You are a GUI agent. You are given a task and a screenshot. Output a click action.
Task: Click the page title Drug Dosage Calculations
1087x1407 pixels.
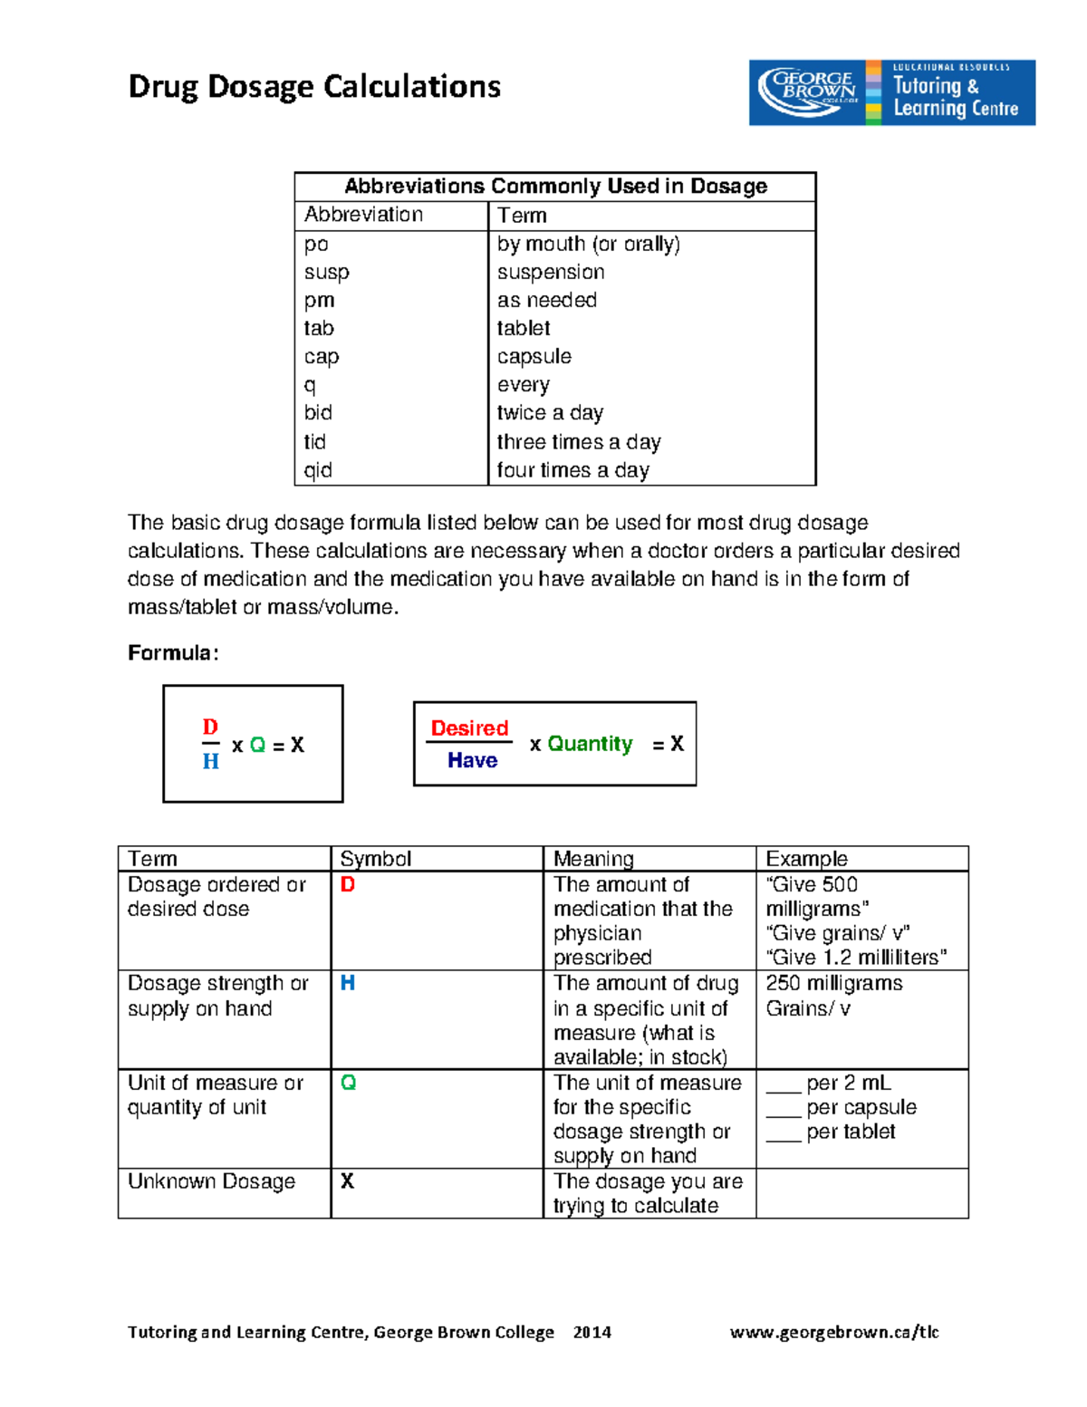point(314,87)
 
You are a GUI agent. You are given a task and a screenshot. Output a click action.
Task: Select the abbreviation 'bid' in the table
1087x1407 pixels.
point(318,413)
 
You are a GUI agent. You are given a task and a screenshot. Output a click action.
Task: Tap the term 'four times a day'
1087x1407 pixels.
point(572,470)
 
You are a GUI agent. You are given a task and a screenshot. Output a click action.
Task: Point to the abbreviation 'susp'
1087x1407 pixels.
point(326,273)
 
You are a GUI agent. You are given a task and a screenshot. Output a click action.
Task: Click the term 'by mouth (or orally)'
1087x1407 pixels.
point(588,244)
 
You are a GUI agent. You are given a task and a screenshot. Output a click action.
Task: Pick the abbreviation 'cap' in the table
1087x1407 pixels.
point(322,357)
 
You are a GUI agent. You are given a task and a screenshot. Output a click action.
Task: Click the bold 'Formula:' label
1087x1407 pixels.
point(173,653)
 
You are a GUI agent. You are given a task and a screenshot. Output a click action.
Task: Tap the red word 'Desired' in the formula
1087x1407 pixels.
point(469,728)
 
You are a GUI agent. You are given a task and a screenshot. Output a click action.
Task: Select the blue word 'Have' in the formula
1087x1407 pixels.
point(472,761)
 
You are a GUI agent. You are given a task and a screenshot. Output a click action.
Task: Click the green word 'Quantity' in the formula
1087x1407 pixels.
point(590,744)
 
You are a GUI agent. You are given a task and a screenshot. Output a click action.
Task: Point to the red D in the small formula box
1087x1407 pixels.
point(210,728)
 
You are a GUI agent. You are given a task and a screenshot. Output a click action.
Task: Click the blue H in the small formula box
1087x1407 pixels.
point(210,762)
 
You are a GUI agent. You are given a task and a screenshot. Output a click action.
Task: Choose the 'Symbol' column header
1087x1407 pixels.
point(375,859)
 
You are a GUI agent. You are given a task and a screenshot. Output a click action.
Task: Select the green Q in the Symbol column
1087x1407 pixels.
point(348,1083)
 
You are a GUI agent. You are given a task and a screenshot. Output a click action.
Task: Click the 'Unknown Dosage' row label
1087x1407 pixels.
point(211,1181)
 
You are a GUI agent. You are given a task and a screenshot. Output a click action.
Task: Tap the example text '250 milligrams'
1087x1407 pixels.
point(833,984)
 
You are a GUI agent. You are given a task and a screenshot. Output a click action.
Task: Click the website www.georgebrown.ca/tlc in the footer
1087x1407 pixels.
point(834,1332)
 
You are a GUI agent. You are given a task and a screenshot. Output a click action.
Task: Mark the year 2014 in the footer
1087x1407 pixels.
point(592,1332)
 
